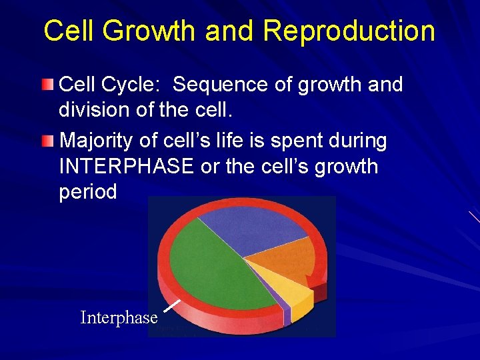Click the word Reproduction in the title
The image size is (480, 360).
click(x=349, y=31)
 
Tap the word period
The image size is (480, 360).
click(x=88, y=192)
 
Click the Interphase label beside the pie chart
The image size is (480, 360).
click(x=119, y=318)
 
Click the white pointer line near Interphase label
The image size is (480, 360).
click(x=172, y=305)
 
